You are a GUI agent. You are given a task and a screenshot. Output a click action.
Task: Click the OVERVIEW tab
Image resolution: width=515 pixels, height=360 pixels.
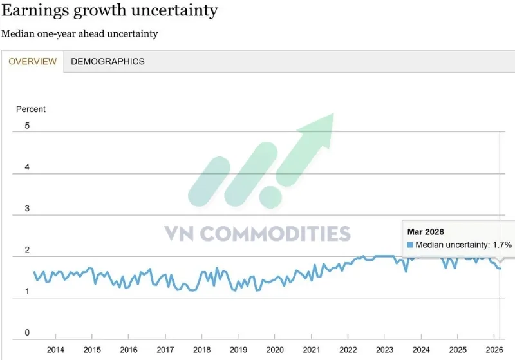tap(32, 62)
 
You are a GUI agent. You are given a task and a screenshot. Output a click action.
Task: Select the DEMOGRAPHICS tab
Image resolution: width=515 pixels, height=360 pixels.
tap(108, 62)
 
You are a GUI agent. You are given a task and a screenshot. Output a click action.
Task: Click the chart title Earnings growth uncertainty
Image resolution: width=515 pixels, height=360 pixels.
tap(109, 11)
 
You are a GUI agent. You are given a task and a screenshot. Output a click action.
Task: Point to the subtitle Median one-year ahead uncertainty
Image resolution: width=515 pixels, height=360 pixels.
tap(79, 33)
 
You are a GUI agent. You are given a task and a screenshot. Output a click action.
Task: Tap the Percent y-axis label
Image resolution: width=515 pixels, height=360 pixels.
tap(31, 109)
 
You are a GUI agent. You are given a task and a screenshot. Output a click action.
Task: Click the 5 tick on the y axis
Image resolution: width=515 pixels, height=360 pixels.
tap(27, 126)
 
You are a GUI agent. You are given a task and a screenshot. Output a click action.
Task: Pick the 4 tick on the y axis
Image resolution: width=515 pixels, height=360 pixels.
tap(27, 167)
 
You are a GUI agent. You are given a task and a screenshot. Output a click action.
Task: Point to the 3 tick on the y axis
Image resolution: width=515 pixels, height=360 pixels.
tap(27, 209)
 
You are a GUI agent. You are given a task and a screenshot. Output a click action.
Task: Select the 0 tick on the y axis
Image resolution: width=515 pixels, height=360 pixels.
tap(27, 333)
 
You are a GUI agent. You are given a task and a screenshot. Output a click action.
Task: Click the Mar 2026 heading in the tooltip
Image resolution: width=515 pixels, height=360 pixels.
tap(426, 232)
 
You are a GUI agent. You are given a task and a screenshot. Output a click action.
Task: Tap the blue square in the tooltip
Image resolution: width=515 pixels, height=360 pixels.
tap(410, 245)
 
